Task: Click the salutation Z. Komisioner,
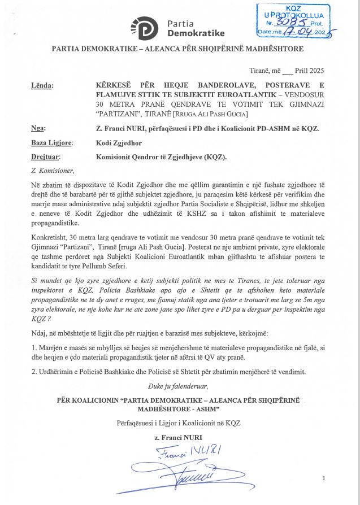tap(53, 171)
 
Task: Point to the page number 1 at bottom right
tap(324, 478)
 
